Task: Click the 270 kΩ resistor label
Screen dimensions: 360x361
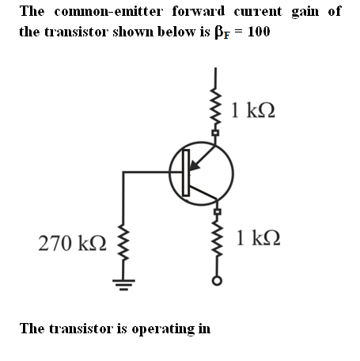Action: coord(72,243)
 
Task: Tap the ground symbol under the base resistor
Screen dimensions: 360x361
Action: coord(123,284)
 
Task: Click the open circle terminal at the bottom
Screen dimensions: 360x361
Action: coord(217,281)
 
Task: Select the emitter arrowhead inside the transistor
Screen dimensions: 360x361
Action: coord(194,165)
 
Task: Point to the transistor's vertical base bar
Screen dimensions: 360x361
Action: coord(186,173)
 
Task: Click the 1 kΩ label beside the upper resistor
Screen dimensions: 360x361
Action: coord(253,110)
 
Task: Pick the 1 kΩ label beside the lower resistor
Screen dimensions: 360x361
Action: coord(258,237)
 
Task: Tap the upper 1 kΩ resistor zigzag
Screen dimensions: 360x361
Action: coord(215,108)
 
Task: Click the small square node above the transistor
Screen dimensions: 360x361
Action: coord(215,133)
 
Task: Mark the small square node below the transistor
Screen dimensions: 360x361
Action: coord(217,211)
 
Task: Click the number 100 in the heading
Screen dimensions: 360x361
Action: coord(259,32)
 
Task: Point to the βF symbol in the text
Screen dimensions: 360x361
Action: coord(222,32)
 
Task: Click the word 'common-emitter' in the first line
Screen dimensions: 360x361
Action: coord(108,11)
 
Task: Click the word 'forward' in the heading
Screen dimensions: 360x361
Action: coord(199,11)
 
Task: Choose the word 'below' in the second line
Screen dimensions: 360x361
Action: coord(177,32)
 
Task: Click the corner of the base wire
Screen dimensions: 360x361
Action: coord(123,173)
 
